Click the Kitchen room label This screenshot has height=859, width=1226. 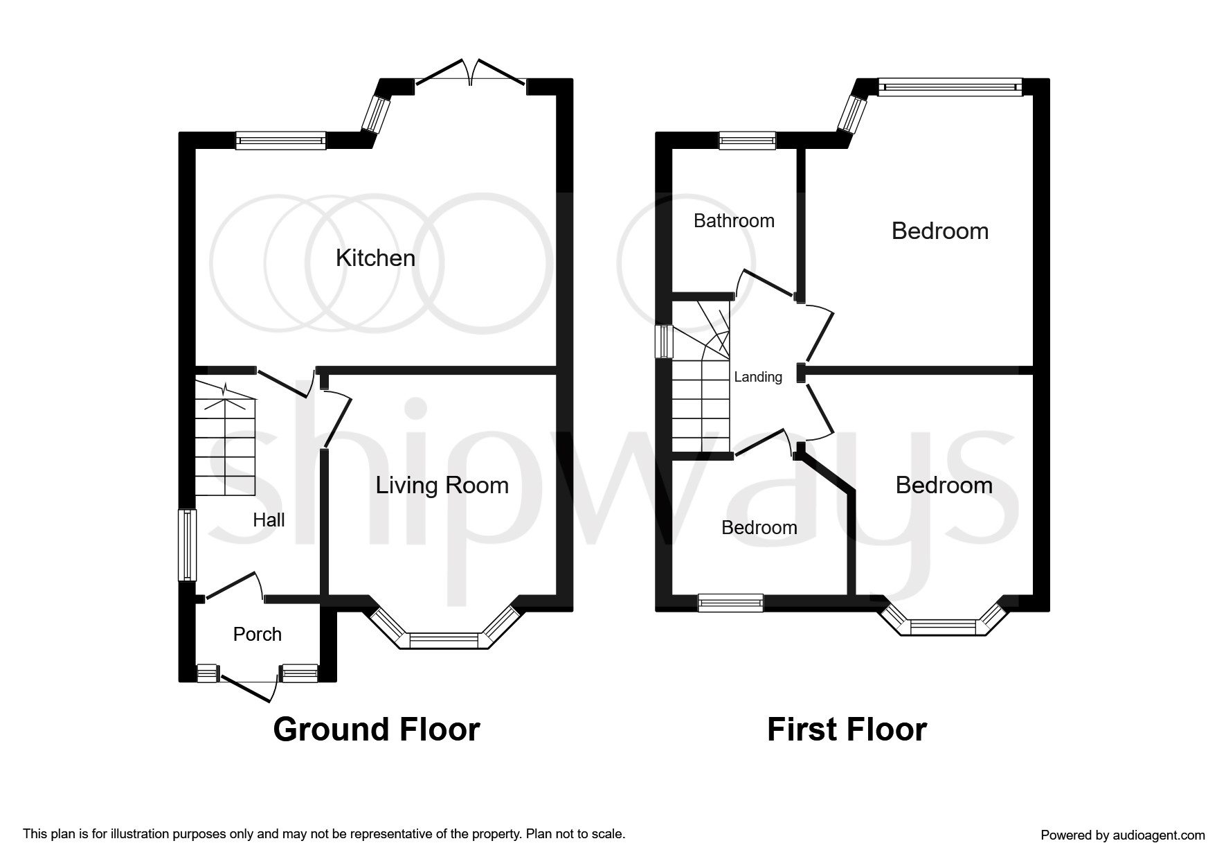coord(375,258)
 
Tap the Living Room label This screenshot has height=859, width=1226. coord(442,486)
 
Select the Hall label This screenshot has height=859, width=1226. coord(269,520)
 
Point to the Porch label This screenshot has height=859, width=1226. coord(258,634)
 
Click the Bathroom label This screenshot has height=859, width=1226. coord(734,221)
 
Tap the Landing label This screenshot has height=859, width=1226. coord(758,377)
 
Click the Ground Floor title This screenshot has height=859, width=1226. coord(377,729)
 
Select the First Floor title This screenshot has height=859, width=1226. coord(847,729)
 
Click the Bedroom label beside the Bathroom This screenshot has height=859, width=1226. coord(939,231)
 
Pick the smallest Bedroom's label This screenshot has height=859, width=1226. coord(759,528)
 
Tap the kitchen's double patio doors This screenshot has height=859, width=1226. coord(471,73)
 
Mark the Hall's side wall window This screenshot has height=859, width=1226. coord(187,545)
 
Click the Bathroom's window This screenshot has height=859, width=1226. coord(748,141)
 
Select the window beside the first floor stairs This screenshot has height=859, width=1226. coord(664,342)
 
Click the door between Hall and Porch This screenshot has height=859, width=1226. coord(234,586)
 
